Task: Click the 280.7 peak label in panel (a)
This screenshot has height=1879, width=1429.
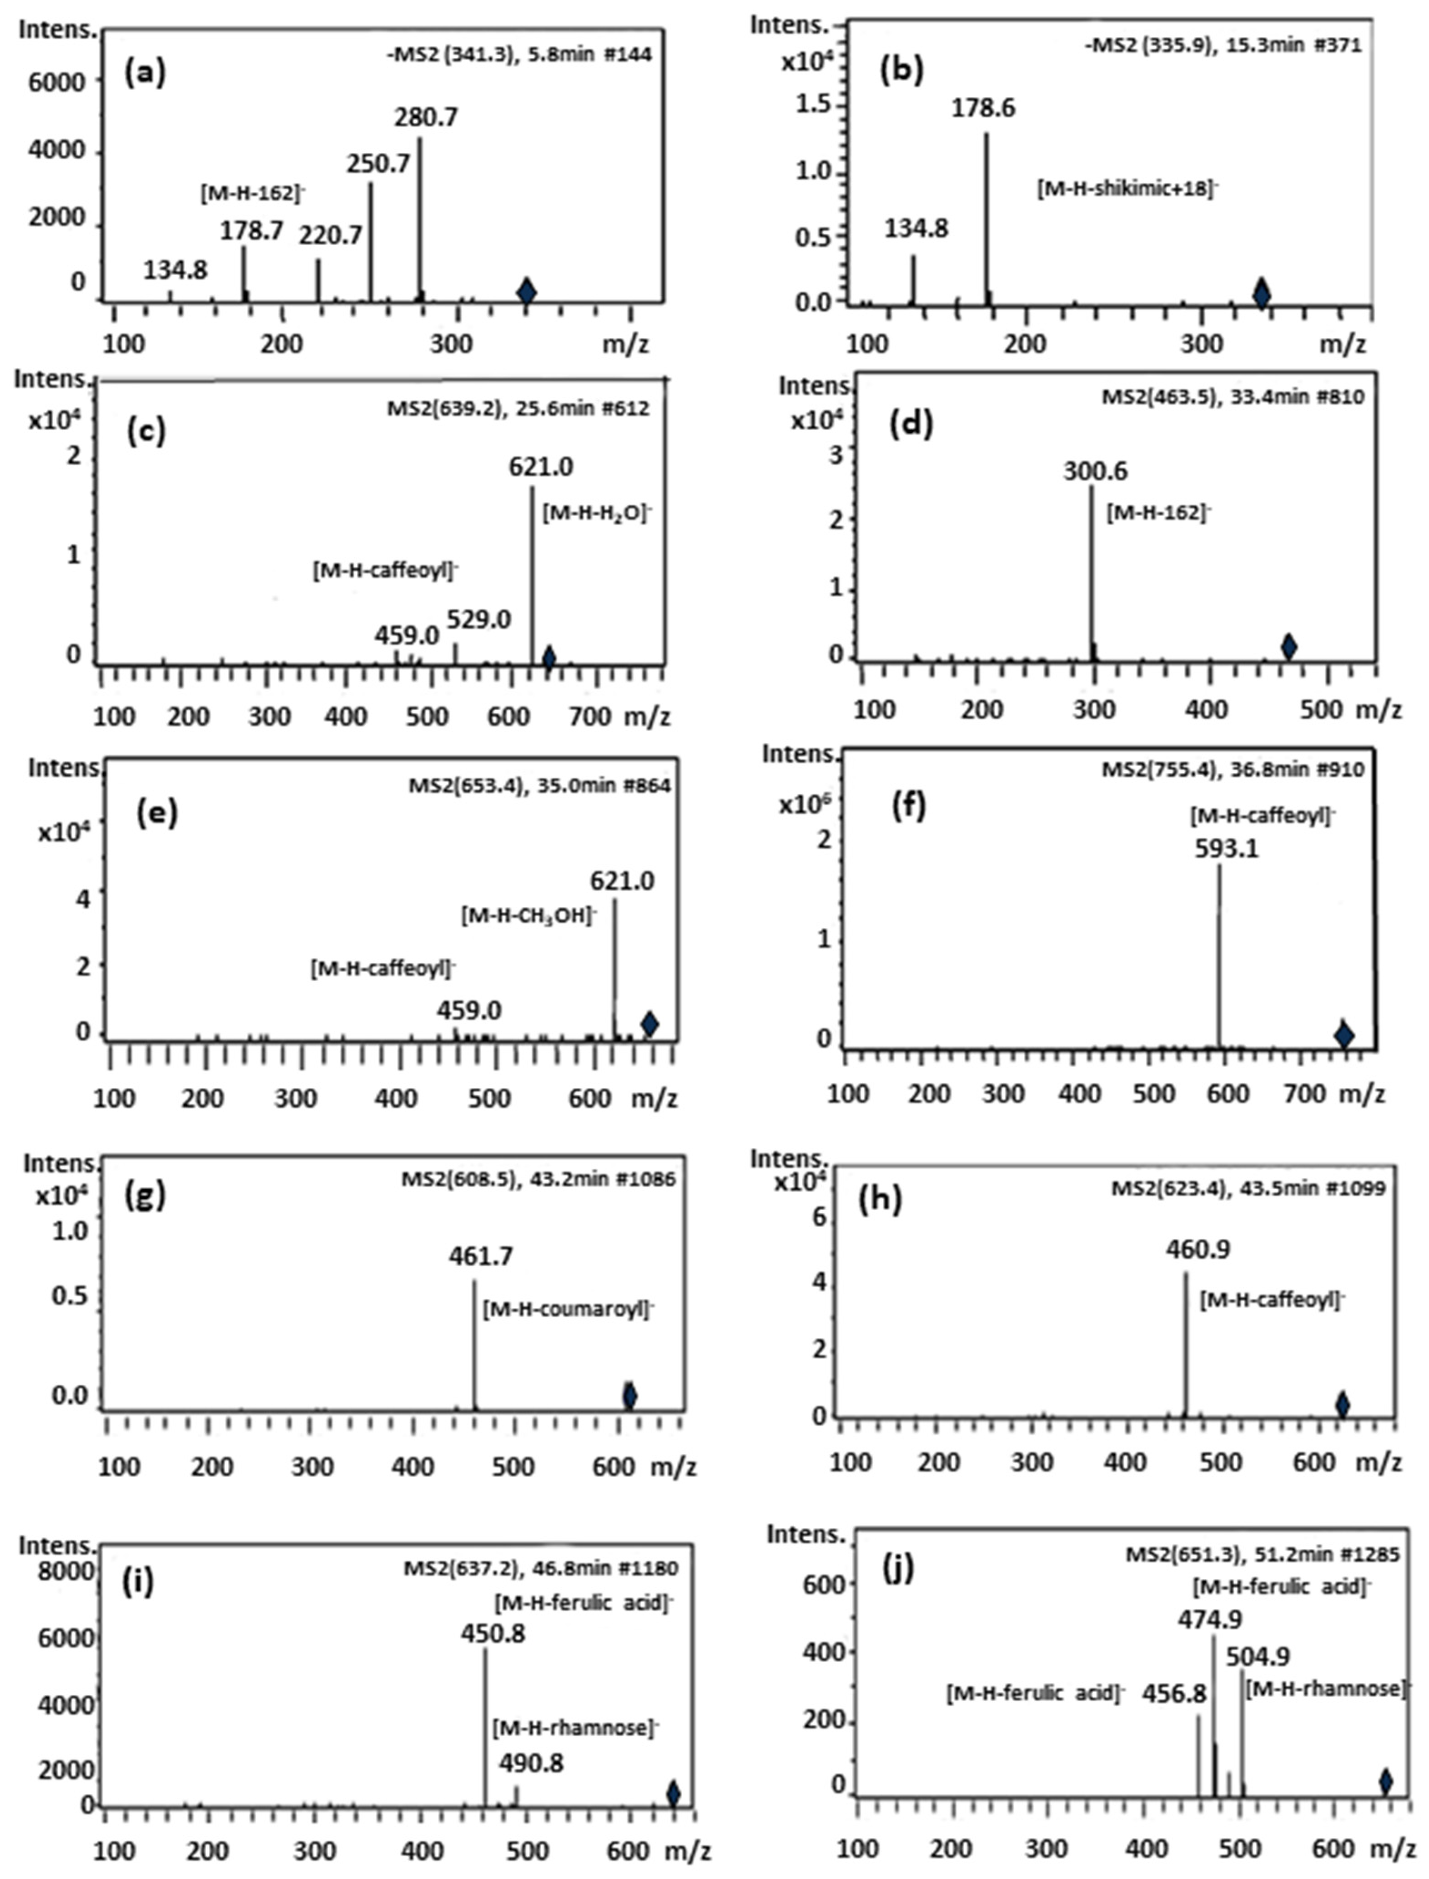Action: [425, 117]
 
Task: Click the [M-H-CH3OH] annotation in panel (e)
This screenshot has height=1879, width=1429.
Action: [529, 917]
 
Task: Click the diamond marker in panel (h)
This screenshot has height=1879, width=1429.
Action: [1342, 1404]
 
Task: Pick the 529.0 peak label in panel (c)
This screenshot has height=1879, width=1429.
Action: [479, 620]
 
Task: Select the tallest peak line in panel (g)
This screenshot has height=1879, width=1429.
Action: [474, 1343]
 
